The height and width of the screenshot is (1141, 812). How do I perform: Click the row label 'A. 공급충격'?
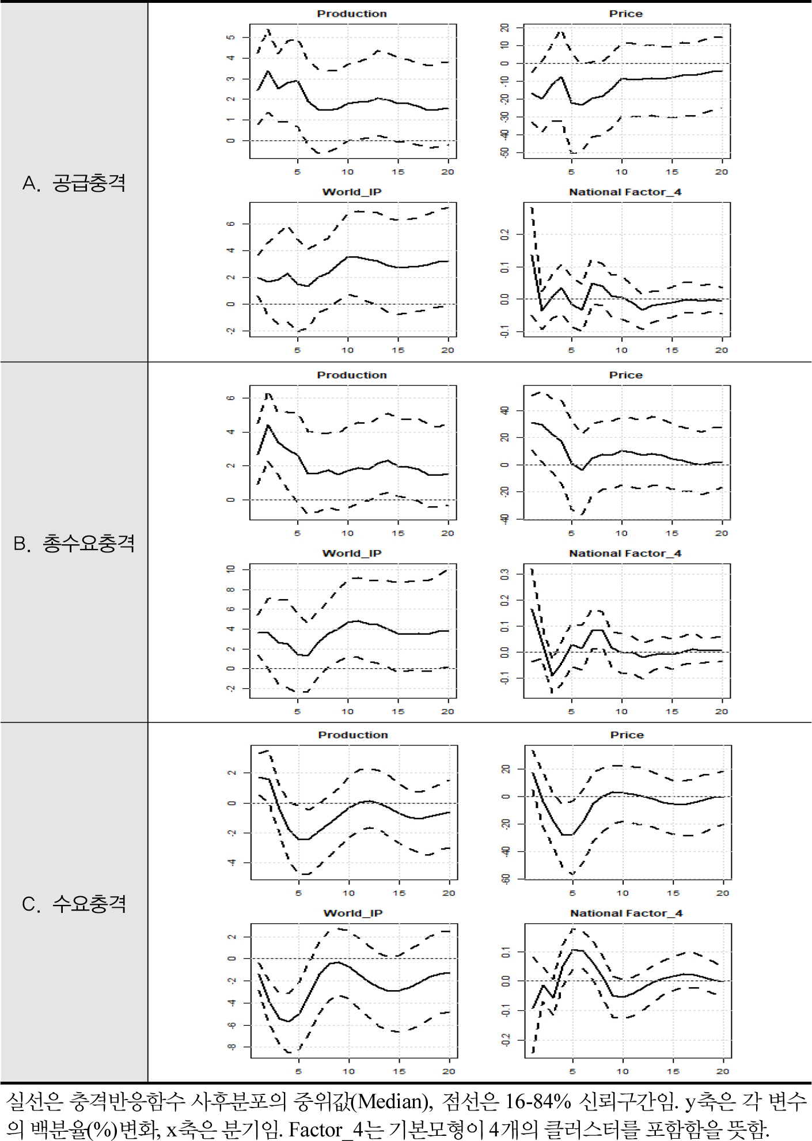pyautogui.click(x=74, y=183)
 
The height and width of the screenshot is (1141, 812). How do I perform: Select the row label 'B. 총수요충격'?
pyautogui.click(x=74, y=543)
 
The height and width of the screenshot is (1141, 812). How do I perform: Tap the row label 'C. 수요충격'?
pyautogui.click(x=74, y=903)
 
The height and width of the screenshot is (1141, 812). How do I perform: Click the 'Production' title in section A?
pyautogui.click(x=352, y=14)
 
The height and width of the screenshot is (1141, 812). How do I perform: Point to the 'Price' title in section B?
pyautogui.click(x=626, y=375)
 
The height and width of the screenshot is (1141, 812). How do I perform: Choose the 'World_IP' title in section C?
pyautogui.click(x=353, y=913)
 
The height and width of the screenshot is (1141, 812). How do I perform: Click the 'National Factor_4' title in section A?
pyautogui.click(x=625, y=192)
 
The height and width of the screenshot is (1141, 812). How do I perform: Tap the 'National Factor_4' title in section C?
pyautogui.click(x=627, y=913)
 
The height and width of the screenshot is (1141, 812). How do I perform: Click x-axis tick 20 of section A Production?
pyautogui.click(x=447, y=172)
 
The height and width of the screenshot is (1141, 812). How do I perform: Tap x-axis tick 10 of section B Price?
pyautogui.click(x=621, y=533)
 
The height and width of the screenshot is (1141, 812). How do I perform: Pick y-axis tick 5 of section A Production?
pyautogui.click(x=231, y=37)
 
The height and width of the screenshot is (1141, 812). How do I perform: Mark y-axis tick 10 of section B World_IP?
pyautogui.click(x=231, y=569)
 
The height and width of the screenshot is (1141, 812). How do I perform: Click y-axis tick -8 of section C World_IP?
pyautogui.click(x=232, y=1047)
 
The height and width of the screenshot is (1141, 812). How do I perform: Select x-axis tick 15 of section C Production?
pyautogui.click(x=399, y=893)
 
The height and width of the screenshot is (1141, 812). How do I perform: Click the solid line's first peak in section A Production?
pyautogui.click(x=268, y=71)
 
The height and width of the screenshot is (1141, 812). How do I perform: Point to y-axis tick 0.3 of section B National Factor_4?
pyautogui.click(x=505, y=574)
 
